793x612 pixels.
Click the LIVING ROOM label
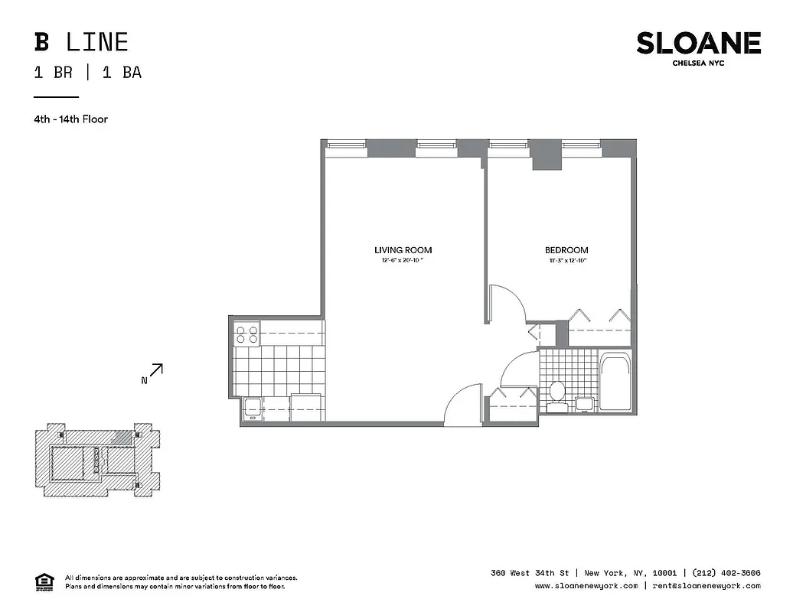click(403, 250)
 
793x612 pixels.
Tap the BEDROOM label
click(566, 250)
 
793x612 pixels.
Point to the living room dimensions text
click(403, 262)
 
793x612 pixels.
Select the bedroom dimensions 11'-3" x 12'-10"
click(566, 262)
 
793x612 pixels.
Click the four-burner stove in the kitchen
click(246, 334)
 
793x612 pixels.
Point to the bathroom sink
click(584, 405)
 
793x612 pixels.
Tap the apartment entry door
click(463, 405)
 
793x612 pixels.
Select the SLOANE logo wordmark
click(698, 43)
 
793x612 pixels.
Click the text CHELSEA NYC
click(698, 63)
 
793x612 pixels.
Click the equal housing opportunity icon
click(44, 581)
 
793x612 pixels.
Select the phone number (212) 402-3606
click(726, 573)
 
